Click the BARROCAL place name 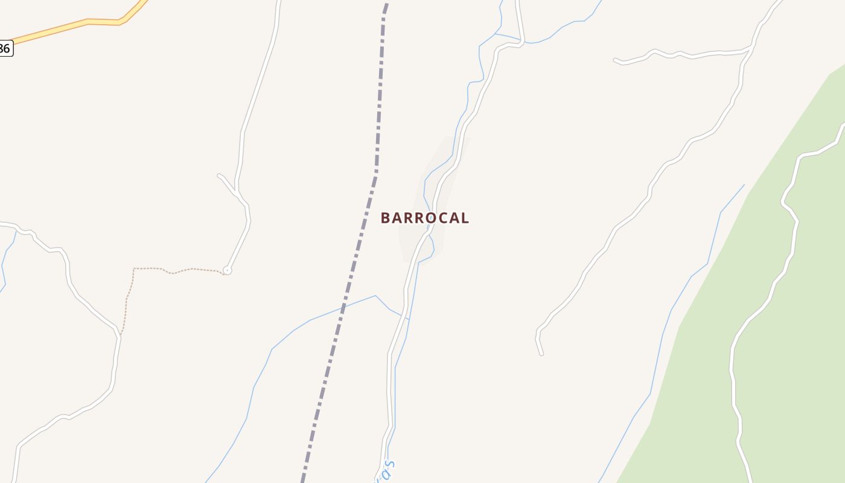(x=424, y=218)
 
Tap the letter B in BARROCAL (x=386, y=218)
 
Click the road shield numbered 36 (x=5, y=48)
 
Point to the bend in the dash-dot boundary (x=376, y=172)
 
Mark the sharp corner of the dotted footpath (x=134, y=269)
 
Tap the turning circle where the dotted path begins (x=227, y=270)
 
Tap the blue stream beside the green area (x=670, y=314)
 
